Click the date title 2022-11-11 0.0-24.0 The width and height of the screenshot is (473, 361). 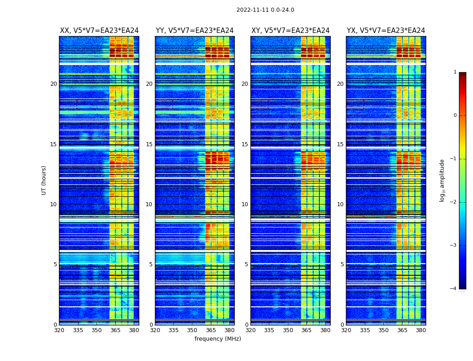265,10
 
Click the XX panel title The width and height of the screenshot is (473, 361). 99,31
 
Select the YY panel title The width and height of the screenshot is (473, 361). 195,31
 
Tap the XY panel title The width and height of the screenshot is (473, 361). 290,31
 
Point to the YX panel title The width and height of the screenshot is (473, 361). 386,31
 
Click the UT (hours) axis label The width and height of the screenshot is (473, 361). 44,180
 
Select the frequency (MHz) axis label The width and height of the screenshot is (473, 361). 218,339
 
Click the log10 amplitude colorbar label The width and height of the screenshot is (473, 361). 442,180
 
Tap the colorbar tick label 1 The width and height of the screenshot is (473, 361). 455,72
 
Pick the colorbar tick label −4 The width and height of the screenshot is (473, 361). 454,289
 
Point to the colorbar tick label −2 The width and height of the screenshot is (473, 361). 454,202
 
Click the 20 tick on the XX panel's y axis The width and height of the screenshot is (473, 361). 54,84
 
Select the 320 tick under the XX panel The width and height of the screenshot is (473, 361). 59,330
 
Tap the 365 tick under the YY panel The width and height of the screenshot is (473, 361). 211,330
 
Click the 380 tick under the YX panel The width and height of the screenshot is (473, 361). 421,330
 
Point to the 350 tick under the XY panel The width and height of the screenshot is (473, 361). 288,330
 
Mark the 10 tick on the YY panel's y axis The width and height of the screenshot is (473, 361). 149,204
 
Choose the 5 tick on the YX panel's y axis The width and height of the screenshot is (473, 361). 342,264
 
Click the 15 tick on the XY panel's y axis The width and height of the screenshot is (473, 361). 245,144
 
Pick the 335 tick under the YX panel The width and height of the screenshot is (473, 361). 365,330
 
